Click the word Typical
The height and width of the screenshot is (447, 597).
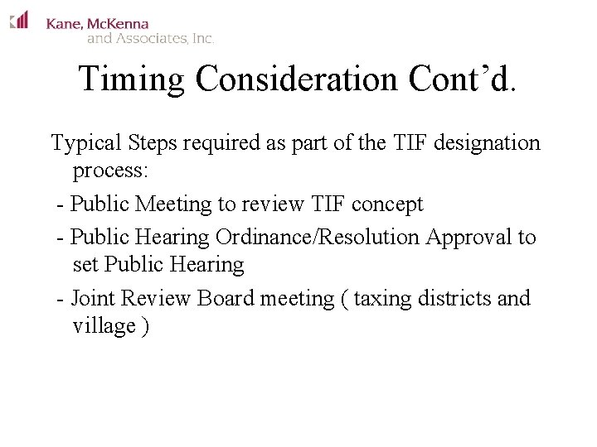pos(88,143)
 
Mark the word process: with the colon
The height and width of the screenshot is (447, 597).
pos(110,171)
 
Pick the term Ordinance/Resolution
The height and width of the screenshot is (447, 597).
pos(318,238)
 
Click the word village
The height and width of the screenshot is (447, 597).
pos(104,326)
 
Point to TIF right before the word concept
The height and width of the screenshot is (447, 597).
pos(333,204)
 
